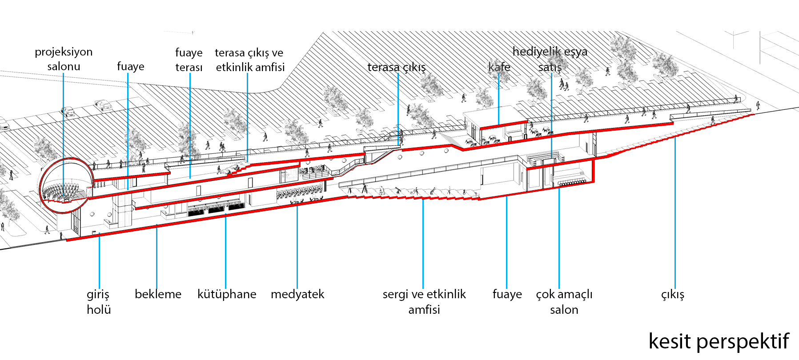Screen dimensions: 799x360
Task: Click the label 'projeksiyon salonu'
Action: (64, 59)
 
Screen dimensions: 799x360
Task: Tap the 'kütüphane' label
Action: (227, 294)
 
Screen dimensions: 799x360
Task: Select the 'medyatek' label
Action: (297, 294)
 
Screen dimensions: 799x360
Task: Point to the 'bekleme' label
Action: (158, 294)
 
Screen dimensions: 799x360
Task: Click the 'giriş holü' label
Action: (98, 302)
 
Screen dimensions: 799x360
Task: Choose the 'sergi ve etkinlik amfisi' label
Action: (424, 302)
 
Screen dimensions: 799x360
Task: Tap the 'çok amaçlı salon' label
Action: (564, 302)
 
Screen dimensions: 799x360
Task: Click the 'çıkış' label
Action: (672, 295)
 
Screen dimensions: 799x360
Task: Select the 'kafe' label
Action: (499, 67)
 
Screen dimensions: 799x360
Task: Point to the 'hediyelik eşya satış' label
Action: (550, 59)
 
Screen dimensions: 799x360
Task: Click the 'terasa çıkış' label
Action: (397, 67)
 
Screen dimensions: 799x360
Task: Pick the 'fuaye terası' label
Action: (189, 60)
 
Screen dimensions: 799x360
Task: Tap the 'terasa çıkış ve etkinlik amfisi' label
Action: (249, 60)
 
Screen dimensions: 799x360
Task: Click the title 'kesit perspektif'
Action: (719, 341)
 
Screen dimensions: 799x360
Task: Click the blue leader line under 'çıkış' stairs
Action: (675, 213)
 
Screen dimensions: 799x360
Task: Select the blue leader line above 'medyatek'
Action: (297, 246)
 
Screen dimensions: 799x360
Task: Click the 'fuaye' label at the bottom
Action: (507, 294)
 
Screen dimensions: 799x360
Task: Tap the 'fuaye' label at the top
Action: (130, 67)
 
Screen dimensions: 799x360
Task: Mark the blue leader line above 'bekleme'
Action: (157, 256)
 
